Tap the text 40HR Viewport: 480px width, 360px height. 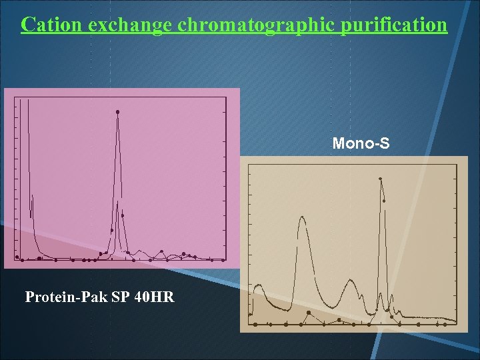[x=154, y=297]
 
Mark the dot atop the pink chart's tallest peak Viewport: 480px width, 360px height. [x=118, y=111]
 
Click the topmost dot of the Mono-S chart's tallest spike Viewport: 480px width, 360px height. [x=381, y=179]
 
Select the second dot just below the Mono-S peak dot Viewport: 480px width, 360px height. [x=384, y=201]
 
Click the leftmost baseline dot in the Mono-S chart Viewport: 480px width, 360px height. [x=255, y=324]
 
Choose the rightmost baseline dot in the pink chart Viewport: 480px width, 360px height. [x=211, y=260]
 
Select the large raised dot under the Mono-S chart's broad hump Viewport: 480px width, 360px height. [x=309, y=313]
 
